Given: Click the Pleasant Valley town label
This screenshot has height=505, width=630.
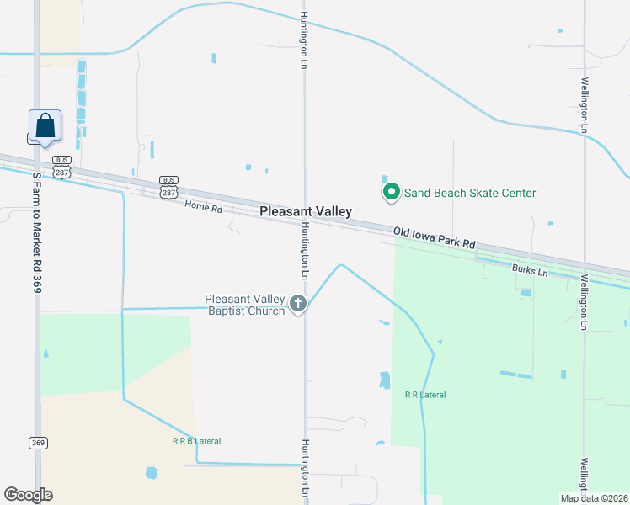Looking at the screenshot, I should click(305, 212).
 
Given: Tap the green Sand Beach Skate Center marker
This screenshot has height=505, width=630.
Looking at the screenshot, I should click(391, 194).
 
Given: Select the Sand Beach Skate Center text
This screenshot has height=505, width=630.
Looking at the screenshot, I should click(469, 194).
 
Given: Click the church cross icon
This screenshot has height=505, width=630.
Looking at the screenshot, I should click(297, 304).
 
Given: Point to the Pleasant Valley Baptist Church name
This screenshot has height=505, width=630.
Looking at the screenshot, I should click(245, 305).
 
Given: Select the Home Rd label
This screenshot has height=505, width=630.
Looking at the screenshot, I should click(203, 207).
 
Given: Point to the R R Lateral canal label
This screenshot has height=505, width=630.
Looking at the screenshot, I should click(425, 395).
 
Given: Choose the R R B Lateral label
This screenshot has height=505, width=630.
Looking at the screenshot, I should click(196, 441).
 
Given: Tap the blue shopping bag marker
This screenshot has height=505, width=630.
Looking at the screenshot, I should click(45, 126).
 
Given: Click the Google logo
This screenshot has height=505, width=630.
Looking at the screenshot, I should click(28, 494).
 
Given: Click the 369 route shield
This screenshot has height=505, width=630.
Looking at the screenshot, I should click(37, 443).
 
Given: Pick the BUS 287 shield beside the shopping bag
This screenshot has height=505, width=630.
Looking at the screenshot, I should click(61, 166).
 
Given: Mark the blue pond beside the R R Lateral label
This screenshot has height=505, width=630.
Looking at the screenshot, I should click(385, 380).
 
